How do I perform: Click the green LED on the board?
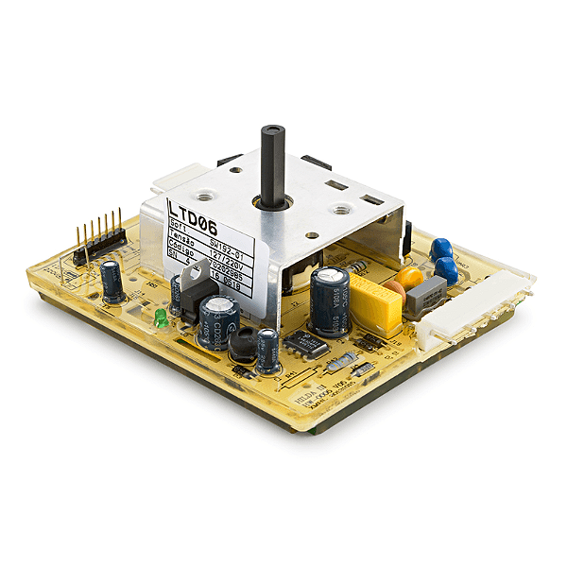162,318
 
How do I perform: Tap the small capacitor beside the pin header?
112,282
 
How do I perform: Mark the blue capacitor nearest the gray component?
446,270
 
